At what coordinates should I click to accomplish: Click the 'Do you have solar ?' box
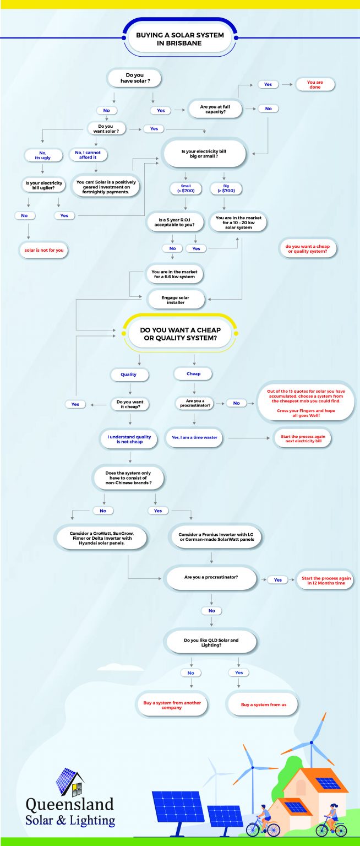tap(135, 78)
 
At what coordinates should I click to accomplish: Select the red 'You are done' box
tap(315, 85)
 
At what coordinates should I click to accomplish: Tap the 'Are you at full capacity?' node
tap(215, 109)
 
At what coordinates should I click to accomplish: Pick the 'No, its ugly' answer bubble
tap(43, 155)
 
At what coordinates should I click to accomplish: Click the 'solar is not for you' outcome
tap(44, 250)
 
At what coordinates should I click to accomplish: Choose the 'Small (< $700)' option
tap(186, 188)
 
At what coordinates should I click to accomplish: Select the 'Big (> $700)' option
tap(226, 188)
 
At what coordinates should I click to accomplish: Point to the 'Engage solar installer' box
tap(176, 300)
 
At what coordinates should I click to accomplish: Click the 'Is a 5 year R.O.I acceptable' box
tap(174, 222)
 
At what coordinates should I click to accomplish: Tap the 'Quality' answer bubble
tap(129, 375)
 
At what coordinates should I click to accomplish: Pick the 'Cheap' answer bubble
tap(193, 373)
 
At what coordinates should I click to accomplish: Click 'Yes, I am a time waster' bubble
tap(195, 437)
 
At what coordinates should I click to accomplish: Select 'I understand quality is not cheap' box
tap(129, 439)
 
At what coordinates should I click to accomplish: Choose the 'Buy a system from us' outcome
tap(264, 704)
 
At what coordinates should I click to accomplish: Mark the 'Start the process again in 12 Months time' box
tap(326, 581)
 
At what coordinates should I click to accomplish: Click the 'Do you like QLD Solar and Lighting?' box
tap(211, 642)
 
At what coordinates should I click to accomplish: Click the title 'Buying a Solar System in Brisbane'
tap(179, 39)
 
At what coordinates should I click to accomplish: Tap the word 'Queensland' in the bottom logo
tap(70, 805)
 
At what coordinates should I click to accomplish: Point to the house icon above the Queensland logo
tap(70, 782)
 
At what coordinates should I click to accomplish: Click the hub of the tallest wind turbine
tap(312, 742)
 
